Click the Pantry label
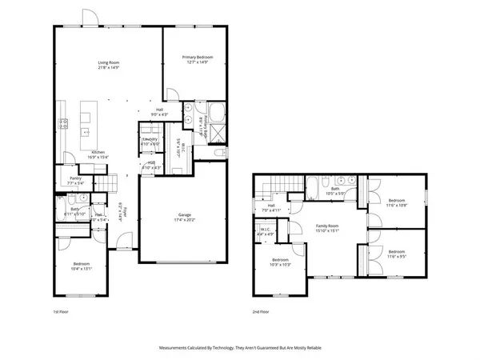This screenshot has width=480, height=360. pos(75,178)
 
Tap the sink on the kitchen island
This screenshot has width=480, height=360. pos(85,124)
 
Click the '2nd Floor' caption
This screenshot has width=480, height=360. pos(261,311)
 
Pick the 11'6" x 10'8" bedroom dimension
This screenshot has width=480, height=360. pos(398,206)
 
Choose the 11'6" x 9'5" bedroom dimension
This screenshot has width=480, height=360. pos(398,257)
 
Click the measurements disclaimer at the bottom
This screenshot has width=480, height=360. pos(240,348)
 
